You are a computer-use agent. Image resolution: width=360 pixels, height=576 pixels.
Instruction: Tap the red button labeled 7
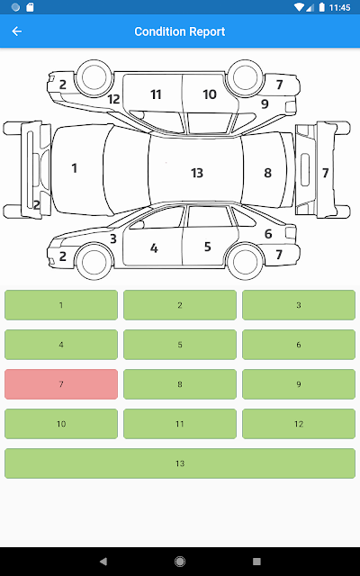(x=61, y=384)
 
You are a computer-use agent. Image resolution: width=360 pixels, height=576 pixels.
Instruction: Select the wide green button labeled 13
(x=180, y=463)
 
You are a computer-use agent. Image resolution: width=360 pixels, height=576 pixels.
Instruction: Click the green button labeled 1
(x=61, y=305)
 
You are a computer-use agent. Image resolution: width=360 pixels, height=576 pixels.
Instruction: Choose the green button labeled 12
(x=299, y=424)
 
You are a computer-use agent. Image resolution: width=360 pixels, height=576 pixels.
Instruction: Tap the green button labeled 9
(x=299, y=384)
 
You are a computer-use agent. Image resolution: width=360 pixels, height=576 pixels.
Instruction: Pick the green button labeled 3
(x=299, y=305)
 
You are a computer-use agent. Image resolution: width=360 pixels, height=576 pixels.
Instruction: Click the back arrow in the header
(x=17, y=31)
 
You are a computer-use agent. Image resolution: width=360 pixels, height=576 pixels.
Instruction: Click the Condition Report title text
(x=180, y=31)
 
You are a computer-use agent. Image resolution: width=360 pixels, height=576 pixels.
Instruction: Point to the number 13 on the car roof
(x=197, y=173)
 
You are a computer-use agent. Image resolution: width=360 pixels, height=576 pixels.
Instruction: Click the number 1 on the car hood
(x=75, y=168)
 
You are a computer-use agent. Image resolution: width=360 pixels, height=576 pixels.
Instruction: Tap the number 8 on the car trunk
(x=268, y=173)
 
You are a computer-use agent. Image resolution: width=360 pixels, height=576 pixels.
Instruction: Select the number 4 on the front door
(x=154, y=248)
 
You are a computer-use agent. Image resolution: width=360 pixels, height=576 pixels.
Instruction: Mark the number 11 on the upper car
(x=156, y=94)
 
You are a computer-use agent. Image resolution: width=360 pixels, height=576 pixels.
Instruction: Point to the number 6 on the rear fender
(x=268, y=234)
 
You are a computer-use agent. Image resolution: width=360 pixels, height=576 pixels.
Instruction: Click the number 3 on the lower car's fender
(x=113, y=238)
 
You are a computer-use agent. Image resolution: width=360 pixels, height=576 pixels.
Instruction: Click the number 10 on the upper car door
(x=210, y=94)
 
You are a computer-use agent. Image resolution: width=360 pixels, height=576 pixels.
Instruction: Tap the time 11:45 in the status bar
(x=340, y=7)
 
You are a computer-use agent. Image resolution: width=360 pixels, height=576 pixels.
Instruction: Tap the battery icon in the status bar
(x=322, y=7)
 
